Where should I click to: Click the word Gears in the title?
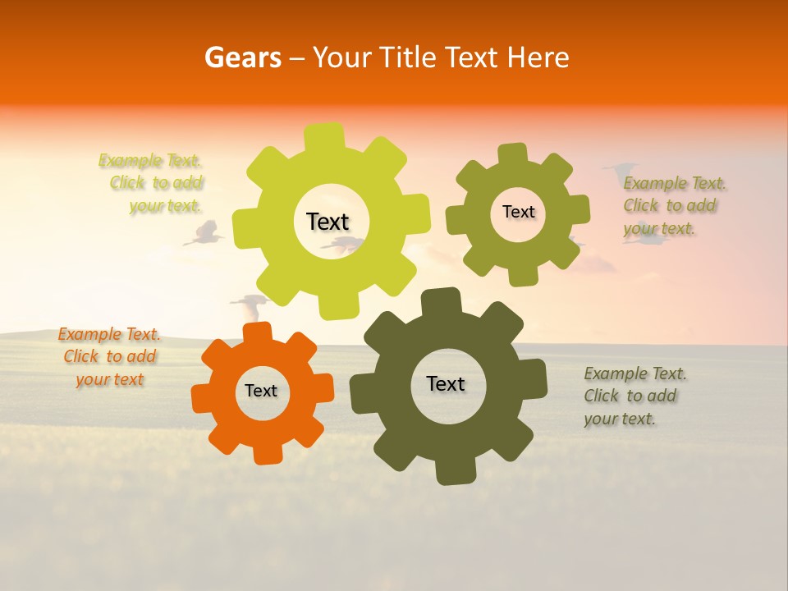click(x=242, y=57)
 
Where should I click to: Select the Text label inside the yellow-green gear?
click(x=328, y=222)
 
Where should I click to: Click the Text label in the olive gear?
click(x=518, y=212)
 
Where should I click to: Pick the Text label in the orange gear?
click(x=261, y=391)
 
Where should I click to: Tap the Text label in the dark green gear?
click(x=446, y=383)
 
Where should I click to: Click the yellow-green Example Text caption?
click(x=157, y=183)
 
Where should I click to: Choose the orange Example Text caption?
click(x=109, y=356)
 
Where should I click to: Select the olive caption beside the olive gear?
click(x=674, y=205)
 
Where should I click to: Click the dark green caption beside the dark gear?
click(x=634, y=396)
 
